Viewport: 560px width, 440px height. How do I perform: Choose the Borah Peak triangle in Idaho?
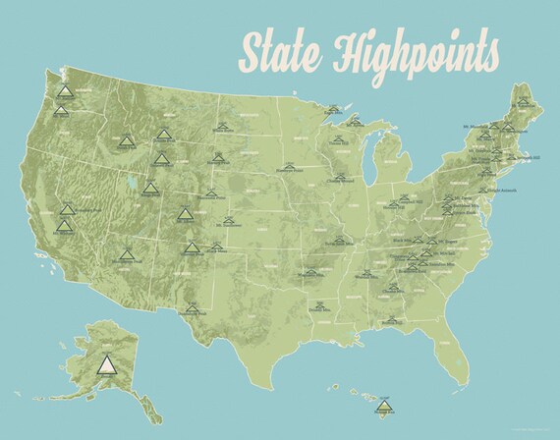(x=125, y=137)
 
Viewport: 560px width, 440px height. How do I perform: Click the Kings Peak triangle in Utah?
(x=152, y=186)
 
